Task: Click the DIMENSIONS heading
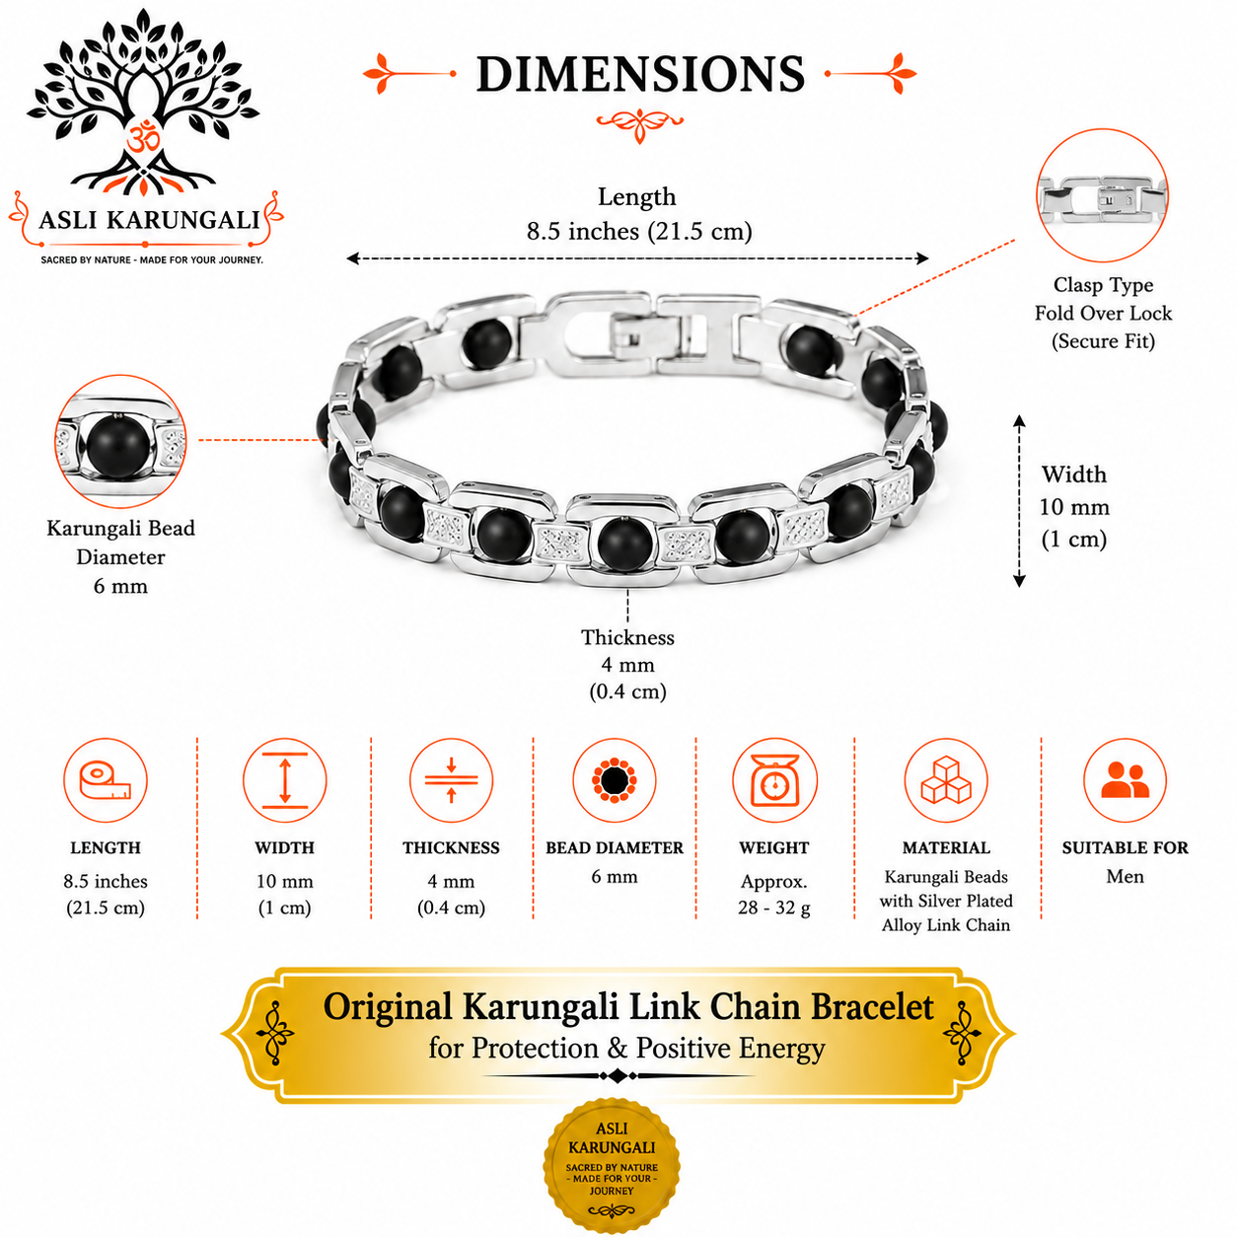pyautogui.click(x=640, y=74)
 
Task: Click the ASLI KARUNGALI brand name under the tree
pyautogui.click(x=149, y=220)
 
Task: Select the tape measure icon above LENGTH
pyautogui.click(x=106, y=780)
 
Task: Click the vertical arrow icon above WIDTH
pyautogui.click(x=284, y=780)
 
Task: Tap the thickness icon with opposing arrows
pyautogui.click(x=451, y=780)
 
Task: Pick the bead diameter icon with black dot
pyautogui.click(x=615, y=780)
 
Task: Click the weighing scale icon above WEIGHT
pyautogui.click(x=774, y=780)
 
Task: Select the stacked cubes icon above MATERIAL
pyautogui.click(x=946, y=780)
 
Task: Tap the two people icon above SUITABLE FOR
pyautogui.click(x=1126, y=780)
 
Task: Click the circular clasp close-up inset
pyautogui.click(x=1102, y=195)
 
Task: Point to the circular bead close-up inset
pyautogui.click(x=120, y=441)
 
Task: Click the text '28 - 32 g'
pyautogui.click(x=774, y=908)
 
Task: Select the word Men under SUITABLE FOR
pyautogui.click(x=1125, y=876)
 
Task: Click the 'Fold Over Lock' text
pyautogui.click(x=1103, y=314)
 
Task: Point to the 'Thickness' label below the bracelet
pyautogui.click(x=627, y=638)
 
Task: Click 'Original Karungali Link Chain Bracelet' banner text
pyautogui.click(x=627, y=1006)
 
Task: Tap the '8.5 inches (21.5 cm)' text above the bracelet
pyautogui.click(x=639, y=231)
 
